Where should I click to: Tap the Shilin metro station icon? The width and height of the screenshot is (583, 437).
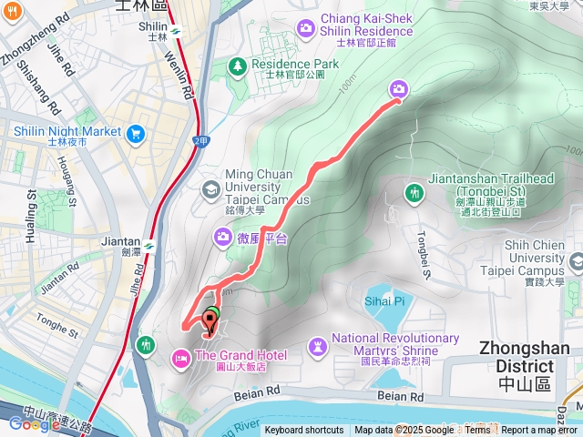coord(175,28)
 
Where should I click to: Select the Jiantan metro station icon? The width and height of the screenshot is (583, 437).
coord(148,246)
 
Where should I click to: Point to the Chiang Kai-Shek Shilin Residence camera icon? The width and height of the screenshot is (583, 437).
coord(305,28)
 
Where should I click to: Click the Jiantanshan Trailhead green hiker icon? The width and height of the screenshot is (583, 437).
coord(414,193)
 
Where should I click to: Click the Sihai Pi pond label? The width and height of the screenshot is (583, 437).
coord(386,300)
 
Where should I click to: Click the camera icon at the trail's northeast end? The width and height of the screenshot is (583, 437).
coord(399,88)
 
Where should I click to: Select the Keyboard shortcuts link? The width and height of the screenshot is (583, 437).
coord(304,431)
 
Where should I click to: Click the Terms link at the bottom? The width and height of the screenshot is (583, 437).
coord(477,431)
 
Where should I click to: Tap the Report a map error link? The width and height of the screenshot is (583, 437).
coord(540,431)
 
